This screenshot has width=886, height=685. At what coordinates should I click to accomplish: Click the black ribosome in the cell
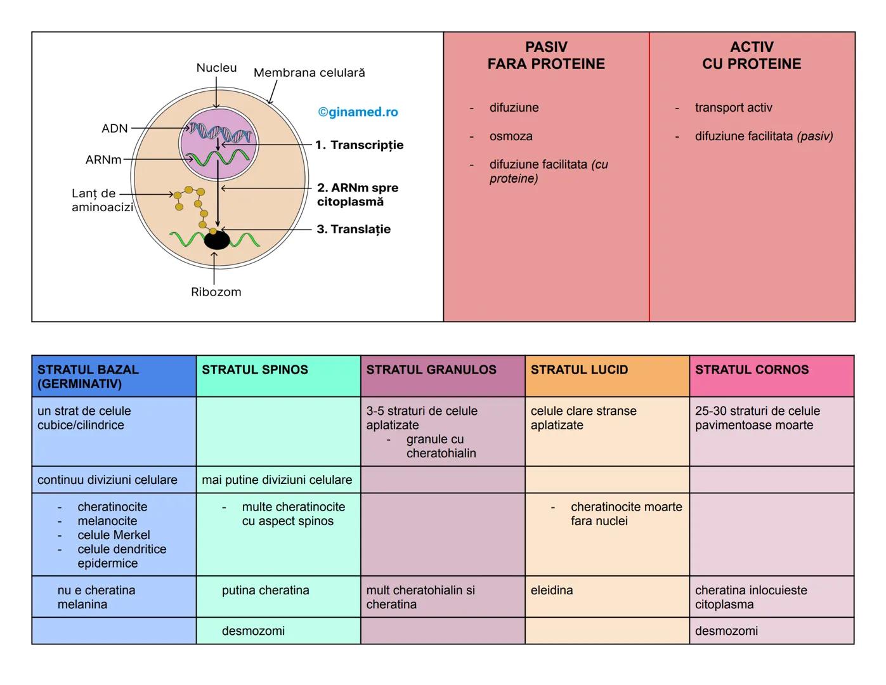pos(217,240)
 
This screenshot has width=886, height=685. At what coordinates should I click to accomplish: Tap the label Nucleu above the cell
pos(216,68)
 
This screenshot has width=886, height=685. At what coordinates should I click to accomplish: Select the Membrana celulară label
pos(309,73)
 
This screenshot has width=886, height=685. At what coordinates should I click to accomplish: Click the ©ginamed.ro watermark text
pos(358,112)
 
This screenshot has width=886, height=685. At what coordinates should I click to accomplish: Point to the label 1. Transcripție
pos(360,145)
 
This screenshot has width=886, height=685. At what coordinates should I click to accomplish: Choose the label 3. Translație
pos(354,230)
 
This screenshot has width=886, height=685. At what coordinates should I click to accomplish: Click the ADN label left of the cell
pos(115,129)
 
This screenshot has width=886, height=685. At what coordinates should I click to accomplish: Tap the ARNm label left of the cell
pos(103,160)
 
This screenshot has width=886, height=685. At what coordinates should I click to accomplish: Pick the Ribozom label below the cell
pos(216,292)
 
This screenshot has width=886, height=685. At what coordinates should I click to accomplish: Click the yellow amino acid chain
pos(190,200)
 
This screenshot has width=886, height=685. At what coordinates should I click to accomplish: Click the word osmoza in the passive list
pos(511,136)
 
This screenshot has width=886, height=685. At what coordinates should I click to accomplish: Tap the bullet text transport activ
pos(733,108)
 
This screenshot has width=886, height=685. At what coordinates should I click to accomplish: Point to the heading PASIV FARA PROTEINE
pos(546,56)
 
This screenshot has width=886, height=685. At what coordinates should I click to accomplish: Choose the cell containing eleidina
pos(607,597)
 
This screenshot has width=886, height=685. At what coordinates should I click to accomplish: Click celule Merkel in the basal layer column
pos(114,535)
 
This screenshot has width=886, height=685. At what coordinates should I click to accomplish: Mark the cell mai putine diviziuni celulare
pos(278,480)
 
